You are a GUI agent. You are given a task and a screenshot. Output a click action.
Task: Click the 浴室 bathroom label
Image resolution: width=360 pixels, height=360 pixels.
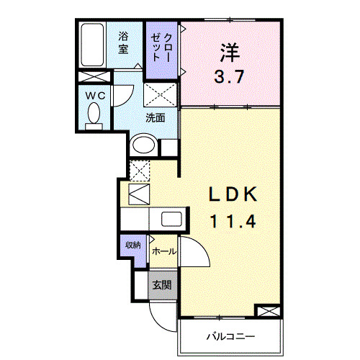[124, 42]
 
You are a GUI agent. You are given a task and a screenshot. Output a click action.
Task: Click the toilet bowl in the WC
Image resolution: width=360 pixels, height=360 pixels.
[94, 114]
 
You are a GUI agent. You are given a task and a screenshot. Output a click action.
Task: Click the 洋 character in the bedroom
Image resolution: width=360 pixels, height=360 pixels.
[230, 52]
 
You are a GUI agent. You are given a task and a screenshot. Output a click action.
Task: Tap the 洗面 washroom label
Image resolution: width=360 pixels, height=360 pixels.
[156, 117]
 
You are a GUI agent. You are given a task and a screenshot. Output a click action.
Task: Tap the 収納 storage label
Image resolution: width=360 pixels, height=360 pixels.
[132, 246]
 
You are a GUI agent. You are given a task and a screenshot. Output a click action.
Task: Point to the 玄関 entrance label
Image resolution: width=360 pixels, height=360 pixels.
[161, 284]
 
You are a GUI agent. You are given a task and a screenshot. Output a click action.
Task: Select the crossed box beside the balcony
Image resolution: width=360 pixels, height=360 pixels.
[267, 312]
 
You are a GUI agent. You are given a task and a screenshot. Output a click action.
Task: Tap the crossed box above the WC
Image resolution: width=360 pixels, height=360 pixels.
[94, 77]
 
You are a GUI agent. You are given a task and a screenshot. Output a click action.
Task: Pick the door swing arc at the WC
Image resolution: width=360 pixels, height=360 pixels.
[124, 94]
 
